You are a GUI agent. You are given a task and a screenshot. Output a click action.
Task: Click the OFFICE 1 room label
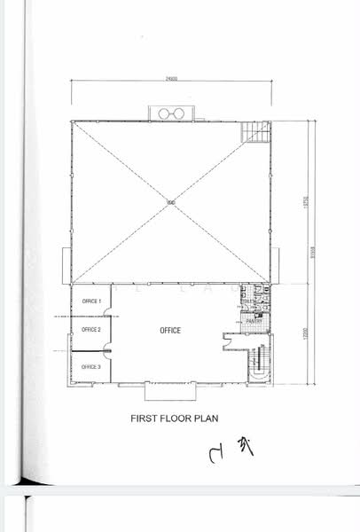coord(91,301)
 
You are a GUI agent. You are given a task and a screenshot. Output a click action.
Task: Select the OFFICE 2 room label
coord(91,330)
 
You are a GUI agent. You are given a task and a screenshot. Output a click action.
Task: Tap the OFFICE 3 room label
coord(91,366)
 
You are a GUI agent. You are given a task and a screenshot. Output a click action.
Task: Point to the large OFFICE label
coord(170,331)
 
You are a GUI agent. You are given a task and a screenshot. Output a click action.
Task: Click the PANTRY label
coord(253,320)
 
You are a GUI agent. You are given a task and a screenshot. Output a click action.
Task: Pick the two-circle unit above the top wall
coord(170,113)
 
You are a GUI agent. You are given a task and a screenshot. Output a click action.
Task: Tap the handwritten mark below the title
coord(232,450)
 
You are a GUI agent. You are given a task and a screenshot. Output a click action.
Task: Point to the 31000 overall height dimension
coord(313,252)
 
